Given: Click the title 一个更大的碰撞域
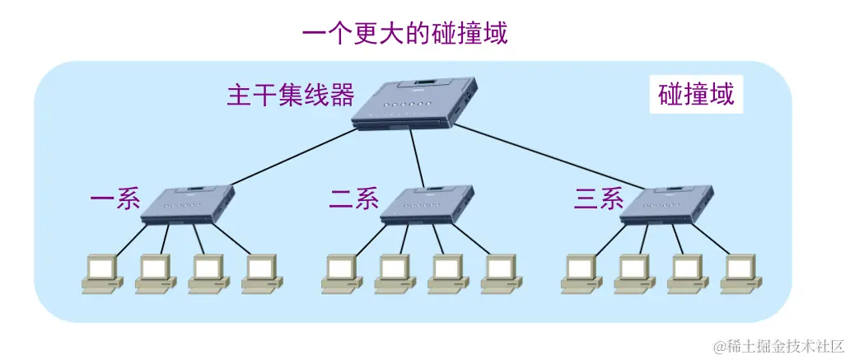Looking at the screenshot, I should click(x=404, y=35).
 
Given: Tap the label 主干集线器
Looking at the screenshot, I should click(x=291, y=96).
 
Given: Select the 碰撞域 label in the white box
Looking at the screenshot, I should click(x=696, y=96).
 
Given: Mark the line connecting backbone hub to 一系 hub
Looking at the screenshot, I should click(x=288, y=157).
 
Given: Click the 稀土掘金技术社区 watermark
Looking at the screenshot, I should click(x=778, y=346).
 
